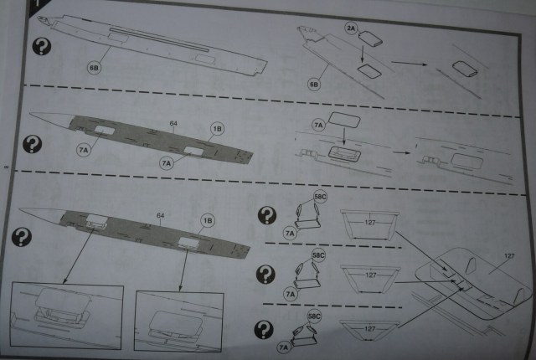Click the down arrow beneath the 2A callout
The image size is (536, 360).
point(362,53)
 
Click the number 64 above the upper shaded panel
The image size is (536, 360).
point(172,124)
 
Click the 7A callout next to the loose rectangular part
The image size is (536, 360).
point(317,124)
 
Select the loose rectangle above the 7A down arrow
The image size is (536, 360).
point(344,120)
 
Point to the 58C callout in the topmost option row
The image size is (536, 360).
point(321,198)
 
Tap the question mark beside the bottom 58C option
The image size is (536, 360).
point(267,328)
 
